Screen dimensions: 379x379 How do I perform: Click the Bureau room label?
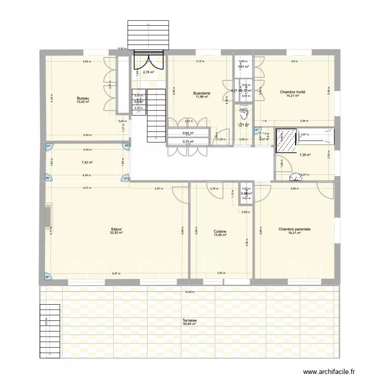[83, 98]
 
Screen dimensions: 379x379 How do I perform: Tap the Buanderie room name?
[201, 93]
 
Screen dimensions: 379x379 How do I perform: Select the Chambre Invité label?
[293, 92]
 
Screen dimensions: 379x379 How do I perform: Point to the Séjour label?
[116, 229]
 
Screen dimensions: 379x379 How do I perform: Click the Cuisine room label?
[220, 231]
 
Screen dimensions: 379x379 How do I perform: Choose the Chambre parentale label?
[294, 229]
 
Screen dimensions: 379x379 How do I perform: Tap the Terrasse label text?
[190, 320]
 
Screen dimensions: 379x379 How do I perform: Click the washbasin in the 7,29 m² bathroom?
[294, 177]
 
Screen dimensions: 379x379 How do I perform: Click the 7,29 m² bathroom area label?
[305, 155]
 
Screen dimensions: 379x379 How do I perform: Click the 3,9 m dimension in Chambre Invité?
[294, 61]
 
